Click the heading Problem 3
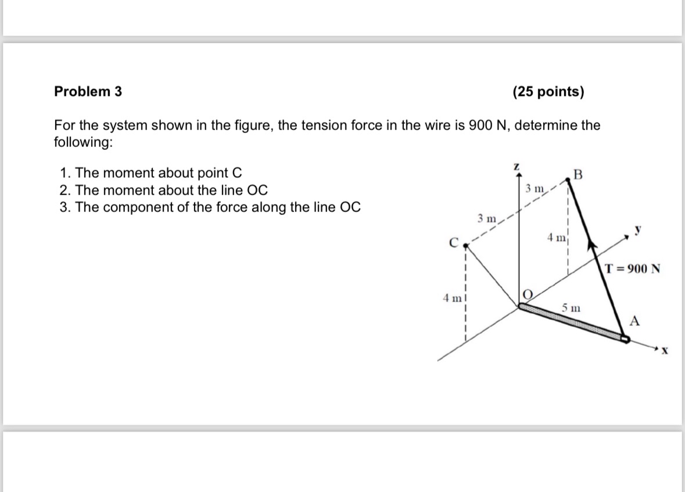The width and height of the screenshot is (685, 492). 88,92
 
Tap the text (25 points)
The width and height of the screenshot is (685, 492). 548,92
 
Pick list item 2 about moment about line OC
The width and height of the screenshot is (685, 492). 164,190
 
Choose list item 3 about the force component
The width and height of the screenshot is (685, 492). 210,207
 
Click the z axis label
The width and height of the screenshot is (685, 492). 516,167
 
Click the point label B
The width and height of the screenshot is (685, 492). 576,174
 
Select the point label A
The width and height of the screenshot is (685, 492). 635,320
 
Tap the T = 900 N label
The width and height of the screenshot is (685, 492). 632,269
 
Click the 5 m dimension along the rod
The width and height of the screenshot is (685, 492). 570,306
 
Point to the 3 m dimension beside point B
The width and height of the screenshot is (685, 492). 535,188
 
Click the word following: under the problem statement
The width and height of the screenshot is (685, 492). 83,142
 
